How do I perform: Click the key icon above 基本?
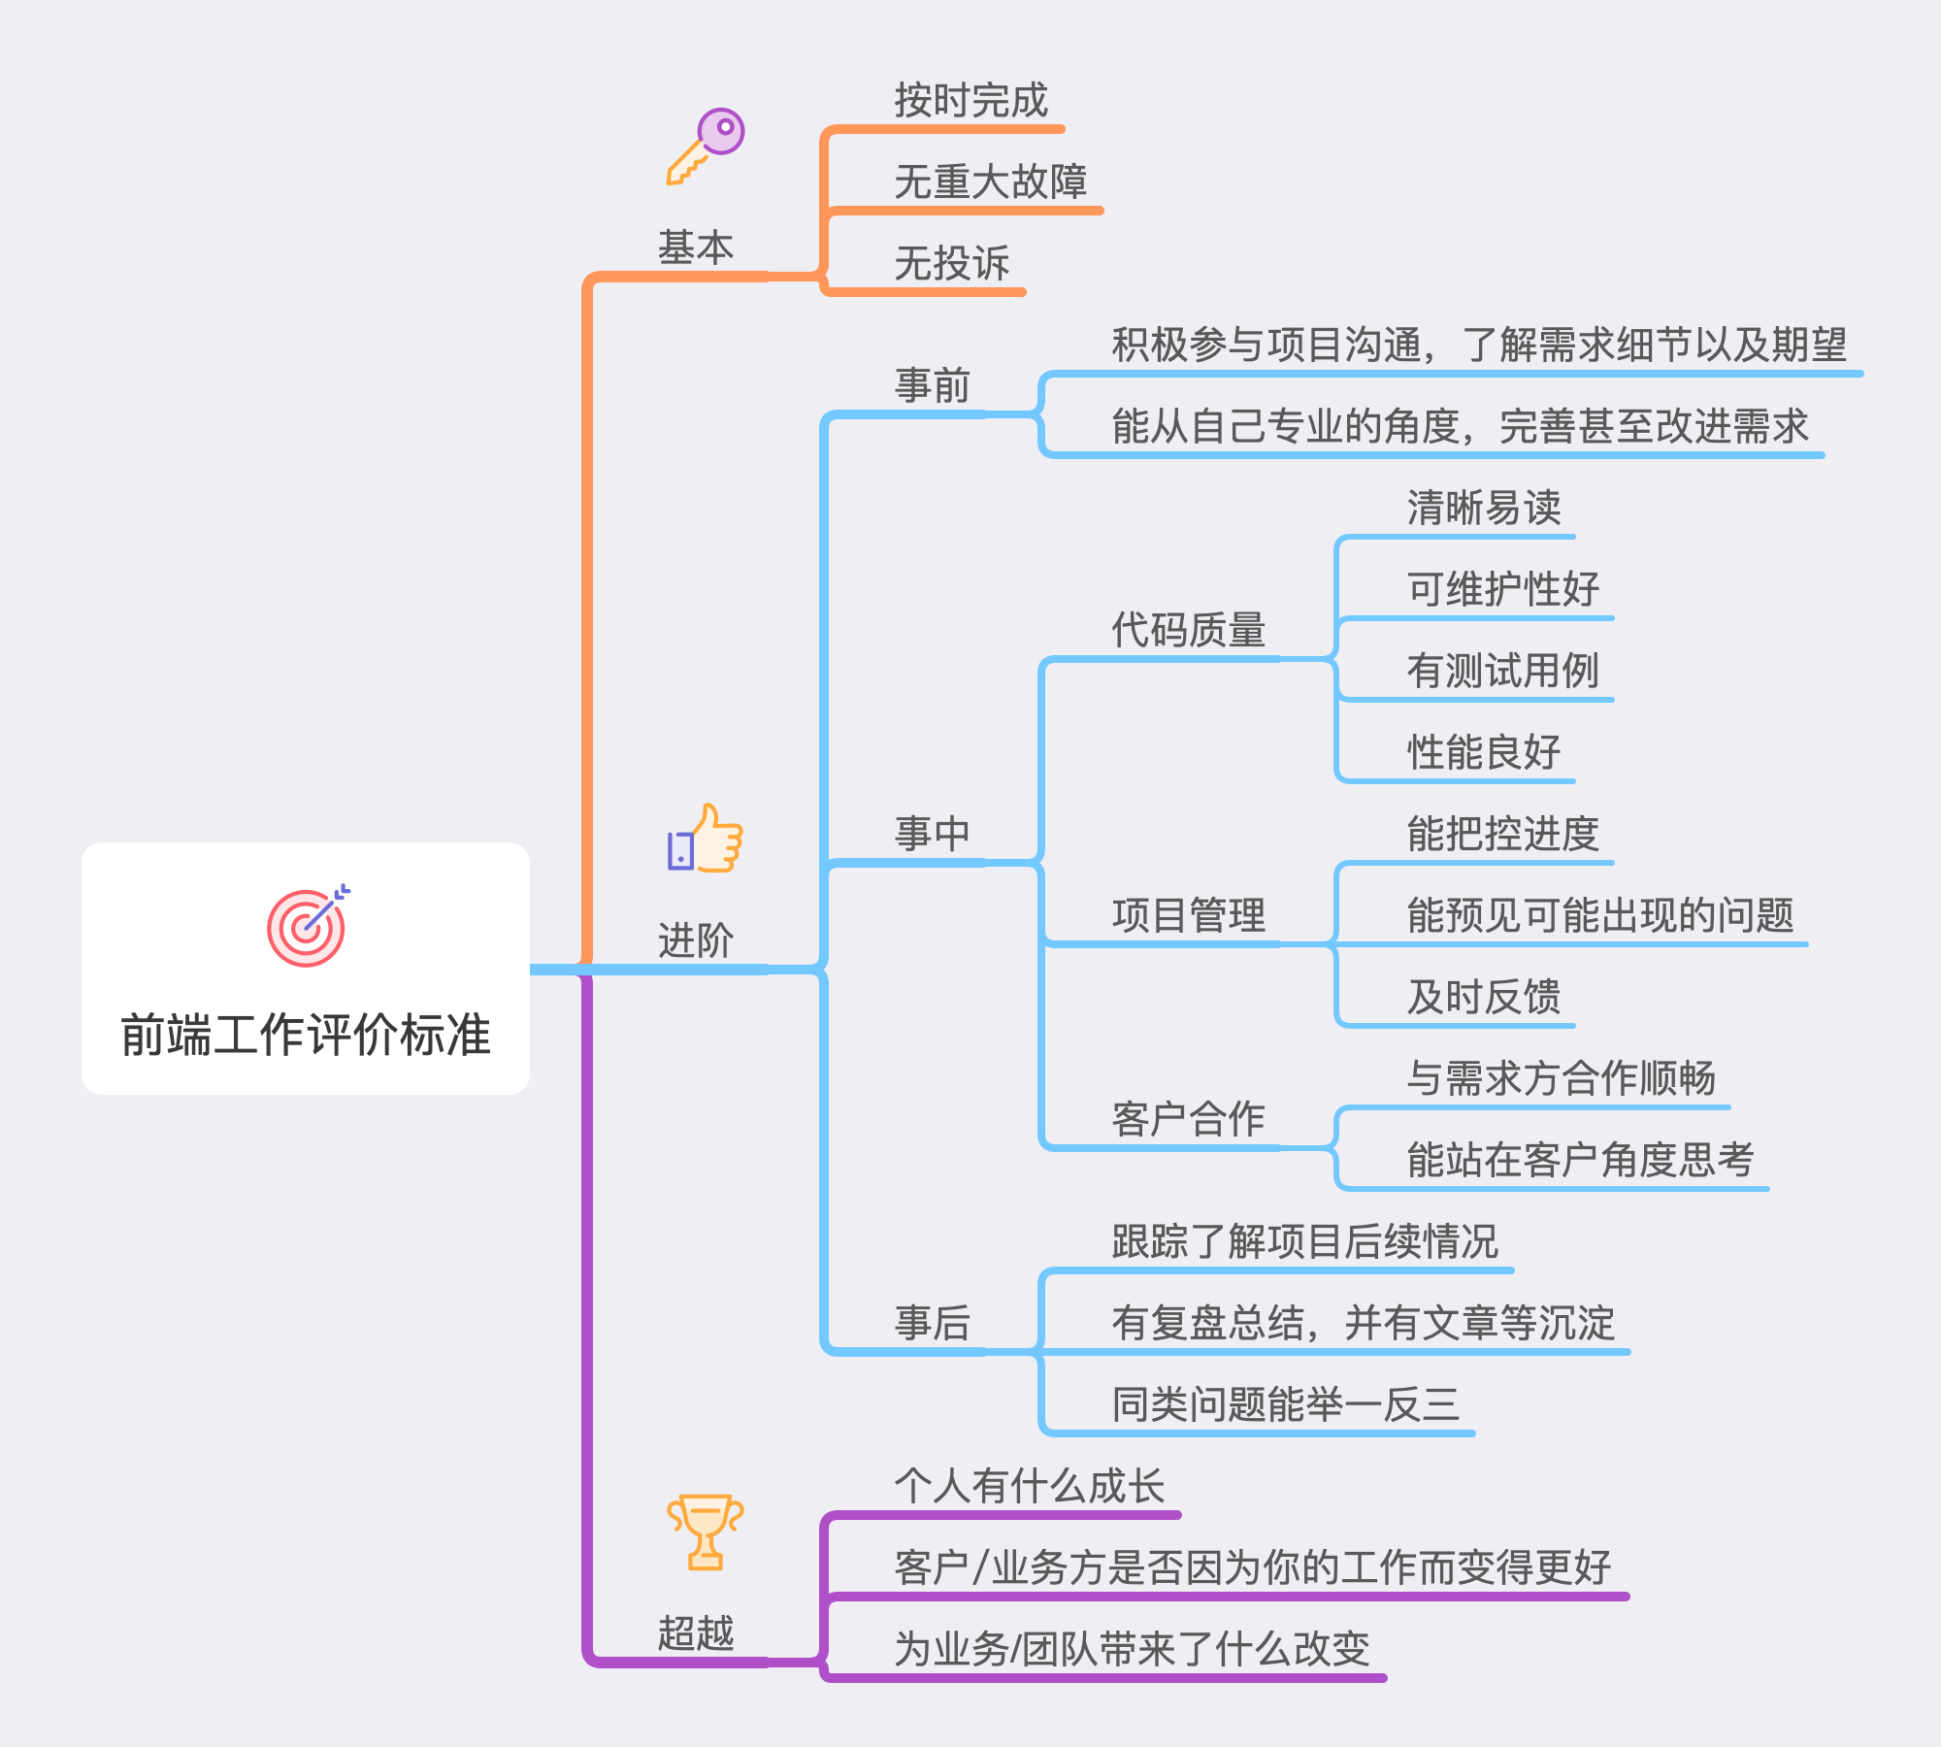tap(706, 147)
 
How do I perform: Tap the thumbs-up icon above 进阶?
tap(706, 840)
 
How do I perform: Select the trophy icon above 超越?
tap(706, 1532)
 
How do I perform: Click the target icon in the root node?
tap(308, 926)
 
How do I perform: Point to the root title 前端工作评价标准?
tap(306, 1035)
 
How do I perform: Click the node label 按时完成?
tap(970, 101)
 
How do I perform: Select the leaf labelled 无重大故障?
tap(990, 182)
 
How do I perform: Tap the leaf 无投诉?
tap(951, 264)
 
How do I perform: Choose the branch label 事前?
tap(932, 386)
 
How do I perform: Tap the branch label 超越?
tap(696, 1633)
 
